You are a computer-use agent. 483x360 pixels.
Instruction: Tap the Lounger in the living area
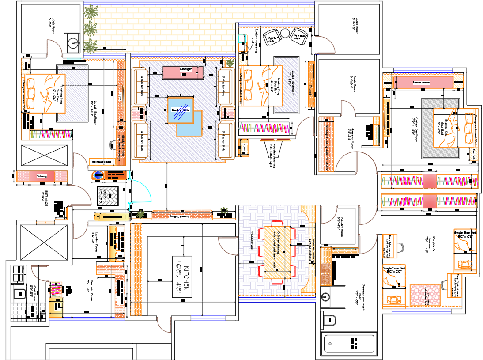pos(183,71)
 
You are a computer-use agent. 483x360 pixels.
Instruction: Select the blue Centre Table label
pos(180,110)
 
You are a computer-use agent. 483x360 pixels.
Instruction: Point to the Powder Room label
pos(339,225)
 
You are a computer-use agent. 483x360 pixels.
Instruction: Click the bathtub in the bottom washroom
pos(349,343)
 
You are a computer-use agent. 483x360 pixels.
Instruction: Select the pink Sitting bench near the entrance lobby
pos(42,176)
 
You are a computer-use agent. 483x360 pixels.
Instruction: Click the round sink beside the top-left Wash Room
pos(73,43)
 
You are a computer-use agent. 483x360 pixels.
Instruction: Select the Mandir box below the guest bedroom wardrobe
pos(243,148)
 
